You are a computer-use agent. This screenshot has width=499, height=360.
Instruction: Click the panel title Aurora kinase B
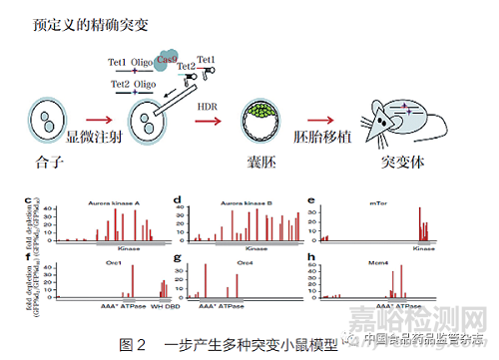click(243, 201)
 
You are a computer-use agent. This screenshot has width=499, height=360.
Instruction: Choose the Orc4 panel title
click(243, 260)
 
